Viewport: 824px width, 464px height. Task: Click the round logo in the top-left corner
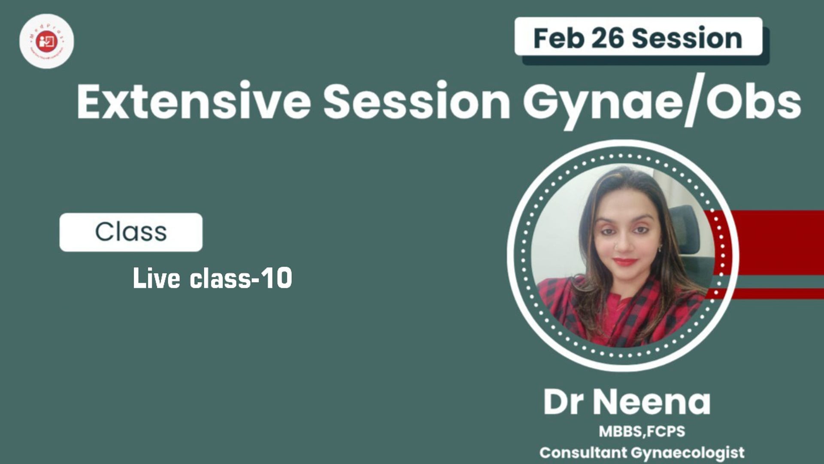[x=46, y=41]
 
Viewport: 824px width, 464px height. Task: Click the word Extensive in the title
[x=194, y=102]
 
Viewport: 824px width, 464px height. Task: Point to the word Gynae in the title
[x=601, y=103]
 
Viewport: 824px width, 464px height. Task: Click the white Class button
[x=131, y=232]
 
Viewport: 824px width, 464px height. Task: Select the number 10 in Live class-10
[x=278, y=278]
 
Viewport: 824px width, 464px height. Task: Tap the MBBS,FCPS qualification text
[x=642, y=431]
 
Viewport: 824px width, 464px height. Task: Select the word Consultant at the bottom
[x=583, y=452]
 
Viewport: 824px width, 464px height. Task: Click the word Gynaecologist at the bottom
[x=688, y=453]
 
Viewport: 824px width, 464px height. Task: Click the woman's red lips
[x=625, y=262]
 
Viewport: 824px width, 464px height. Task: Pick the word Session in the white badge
[x=687, y=38]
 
